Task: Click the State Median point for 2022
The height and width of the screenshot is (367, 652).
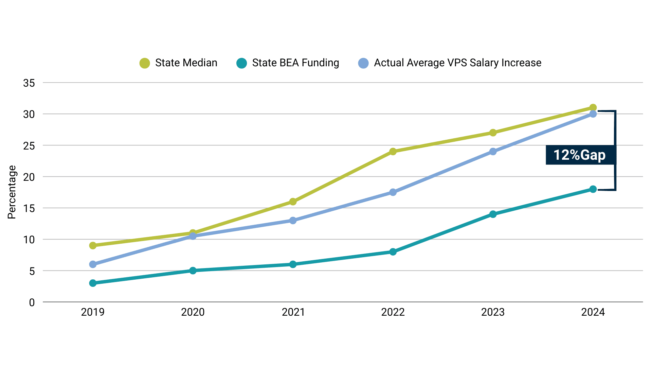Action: (393, 152)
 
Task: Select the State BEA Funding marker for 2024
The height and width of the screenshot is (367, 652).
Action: (593, 189)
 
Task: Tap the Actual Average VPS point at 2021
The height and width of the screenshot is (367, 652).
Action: (293, 221)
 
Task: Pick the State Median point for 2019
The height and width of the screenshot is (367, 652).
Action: (93, 245)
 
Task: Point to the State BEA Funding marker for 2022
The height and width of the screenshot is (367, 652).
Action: (393, 252)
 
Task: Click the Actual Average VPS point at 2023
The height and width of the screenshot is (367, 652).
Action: (493, 152)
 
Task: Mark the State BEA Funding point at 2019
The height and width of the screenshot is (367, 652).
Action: (93, 283)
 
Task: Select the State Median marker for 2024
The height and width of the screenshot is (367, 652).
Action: (593, 108)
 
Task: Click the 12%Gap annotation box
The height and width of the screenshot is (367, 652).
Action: (580, 155)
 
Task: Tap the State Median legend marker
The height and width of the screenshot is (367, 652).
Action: (145, 63)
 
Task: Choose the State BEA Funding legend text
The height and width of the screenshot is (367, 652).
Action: (295, 63)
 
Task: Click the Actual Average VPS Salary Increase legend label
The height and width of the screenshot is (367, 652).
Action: (457, 63)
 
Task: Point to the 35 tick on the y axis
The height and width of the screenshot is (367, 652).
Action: (29, 83)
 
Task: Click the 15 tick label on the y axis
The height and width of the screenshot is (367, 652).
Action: (29, 208)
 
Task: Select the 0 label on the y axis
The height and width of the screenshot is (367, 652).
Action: (32, 302)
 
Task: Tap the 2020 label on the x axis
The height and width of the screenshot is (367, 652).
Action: (193, 312)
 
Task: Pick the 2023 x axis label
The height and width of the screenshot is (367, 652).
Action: (493, 312)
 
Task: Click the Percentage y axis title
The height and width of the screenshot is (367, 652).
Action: (12, 192)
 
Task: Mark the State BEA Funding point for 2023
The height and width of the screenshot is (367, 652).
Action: (493, 214)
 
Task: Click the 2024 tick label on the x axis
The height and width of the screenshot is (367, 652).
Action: (593, 312)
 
